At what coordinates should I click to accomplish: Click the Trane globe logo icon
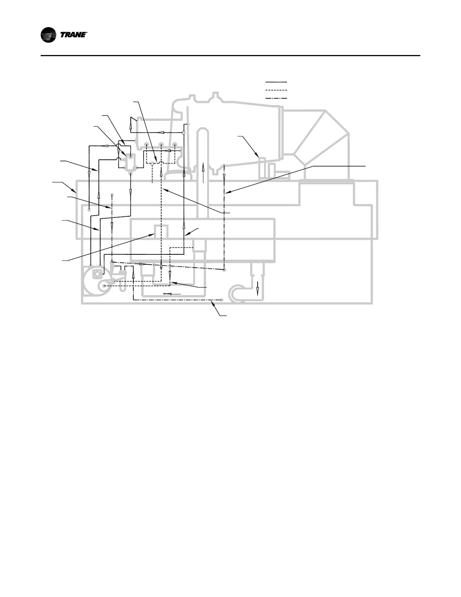49,35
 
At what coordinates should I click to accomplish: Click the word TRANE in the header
74,35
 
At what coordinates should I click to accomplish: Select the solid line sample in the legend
276,82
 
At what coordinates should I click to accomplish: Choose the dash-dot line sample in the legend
276,98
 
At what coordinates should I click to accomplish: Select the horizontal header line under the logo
230,56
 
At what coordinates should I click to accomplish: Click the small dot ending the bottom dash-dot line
222,300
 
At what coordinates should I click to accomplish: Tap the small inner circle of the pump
101,287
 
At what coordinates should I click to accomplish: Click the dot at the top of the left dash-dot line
112,195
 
